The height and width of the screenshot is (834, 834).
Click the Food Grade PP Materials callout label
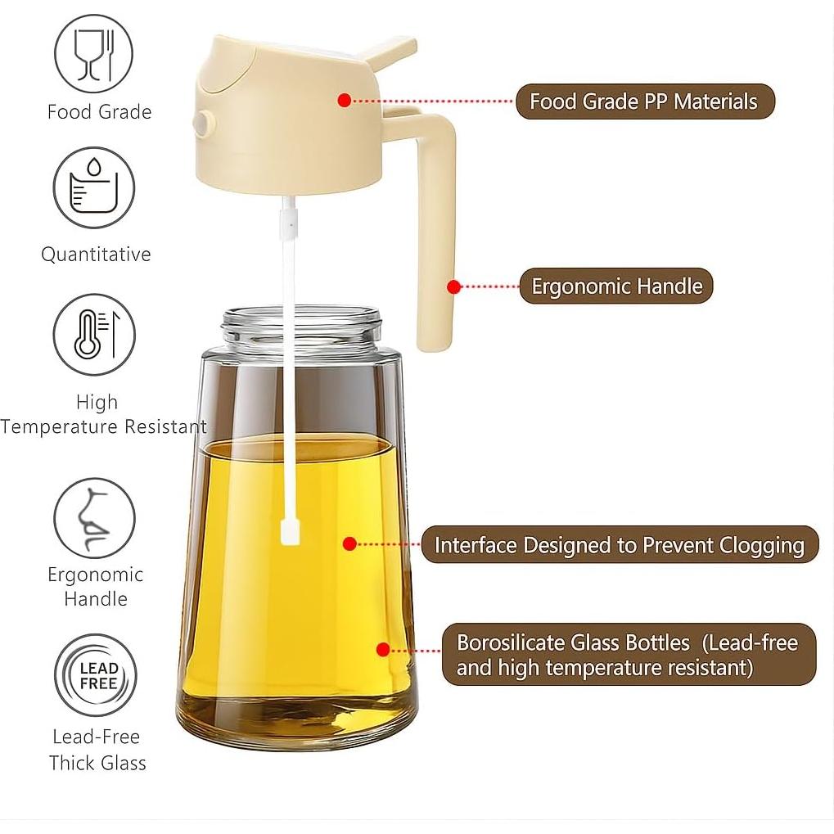[x=644, y=101]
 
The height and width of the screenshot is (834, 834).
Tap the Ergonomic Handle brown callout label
[x=615, y=286]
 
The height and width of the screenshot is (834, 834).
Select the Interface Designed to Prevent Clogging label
[x=619, y=545]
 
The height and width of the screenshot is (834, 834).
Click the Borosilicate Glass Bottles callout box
[x=629, y=655]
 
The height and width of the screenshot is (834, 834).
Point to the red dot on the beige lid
[x=344, y=100]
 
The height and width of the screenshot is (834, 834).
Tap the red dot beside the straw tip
[x=349, y=543]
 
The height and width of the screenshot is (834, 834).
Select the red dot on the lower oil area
[x=382, y=650]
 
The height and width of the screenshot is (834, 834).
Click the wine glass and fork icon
[x=94, y=54]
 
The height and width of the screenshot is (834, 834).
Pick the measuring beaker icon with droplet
[x=94, y=187]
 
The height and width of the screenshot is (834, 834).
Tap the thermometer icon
[x=94, y=335]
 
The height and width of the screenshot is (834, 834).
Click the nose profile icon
[x=94, y=519]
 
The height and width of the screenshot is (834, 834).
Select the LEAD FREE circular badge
[x=96, y=675]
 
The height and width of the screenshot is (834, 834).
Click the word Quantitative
[x=96, y=255]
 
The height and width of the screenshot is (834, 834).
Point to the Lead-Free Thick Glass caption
[x=97, y=750]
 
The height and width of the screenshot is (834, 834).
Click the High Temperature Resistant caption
[x=101, y=415]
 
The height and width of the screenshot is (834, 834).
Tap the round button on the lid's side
[x=203, y=124]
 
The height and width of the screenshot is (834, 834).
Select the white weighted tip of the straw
[x=290, y=530]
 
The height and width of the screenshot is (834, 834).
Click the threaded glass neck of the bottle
[x=302, y=329]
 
